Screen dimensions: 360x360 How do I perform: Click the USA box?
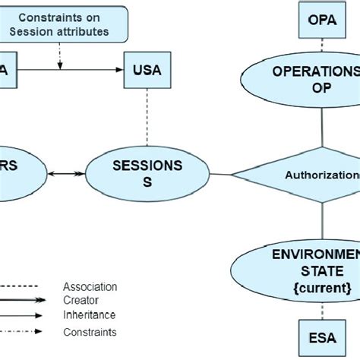[x=147, y=71]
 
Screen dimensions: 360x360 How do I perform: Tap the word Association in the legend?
[x=90, y=286]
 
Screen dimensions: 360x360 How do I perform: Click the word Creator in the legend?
[x=80, y=300]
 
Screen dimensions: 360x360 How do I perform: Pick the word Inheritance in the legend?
[x=89, y=314]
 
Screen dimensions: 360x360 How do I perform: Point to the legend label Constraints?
[x=90, y=332]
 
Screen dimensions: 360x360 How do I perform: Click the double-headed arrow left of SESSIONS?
[x=65, y=175]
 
